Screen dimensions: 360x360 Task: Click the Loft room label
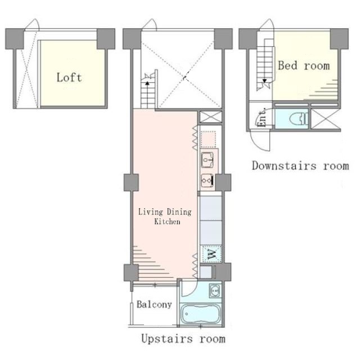click(x=69, y=78)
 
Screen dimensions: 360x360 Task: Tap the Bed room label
click(x=304, y=66)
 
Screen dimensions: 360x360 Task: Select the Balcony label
click(x=154, y=304)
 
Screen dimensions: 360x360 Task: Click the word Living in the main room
click(x=151, y=211)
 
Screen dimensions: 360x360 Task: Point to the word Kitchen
click(x=167, y=222)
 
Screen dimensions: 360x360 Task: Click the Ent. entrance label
click(x=262, y=117)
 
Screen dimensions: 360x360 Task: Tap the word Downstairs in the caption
click(x=284, y=165)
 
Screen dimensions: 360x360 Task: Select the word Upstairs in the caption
click(x=167, y=339)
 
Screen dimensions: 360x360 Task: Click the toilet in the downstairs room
click(x=299, y=119)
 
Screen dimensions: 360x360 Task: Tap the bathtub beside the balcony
click(x=200, y=314)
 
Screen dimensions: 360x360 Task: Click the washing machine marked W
click(x=211, y=254)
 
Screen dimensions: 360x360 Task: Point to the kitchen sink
click(x=208, y=160)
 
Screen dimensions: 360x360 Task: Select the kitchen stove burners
click(x=208, y=181)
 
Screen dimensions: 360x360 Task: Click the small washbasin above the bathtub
click(x=215, y=291)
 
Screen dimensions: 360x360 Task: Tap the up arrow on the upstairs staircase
click(x=147, y=84)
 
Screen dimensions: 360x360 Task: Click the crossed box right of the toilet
click(x=325, y=119)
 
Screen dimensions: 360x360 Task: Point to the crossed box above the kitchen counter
click(x=211, y=117)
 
